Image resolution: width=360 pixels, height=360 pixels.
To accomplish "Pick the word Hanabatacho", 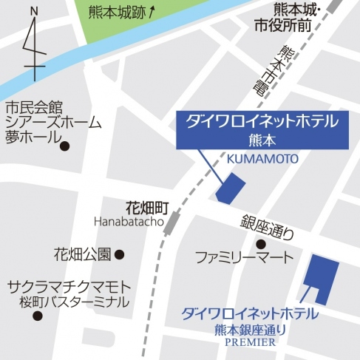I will pos(128,221).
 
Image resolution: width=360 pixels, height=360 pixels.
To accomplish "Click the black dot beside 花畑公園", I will pos(120,255).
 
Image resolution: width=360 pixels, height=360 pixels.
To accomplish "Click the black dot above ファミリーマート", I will pos(260,244).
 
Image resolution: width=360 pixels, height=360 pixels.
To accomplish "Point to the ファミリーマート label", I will pos(244,258).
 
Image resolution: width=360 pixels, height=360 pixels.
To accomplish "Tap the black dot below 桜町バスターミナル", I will pos(38,316).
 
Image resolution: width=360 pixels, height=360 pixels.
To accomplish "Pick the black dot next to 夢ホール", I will pos(64,146).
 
